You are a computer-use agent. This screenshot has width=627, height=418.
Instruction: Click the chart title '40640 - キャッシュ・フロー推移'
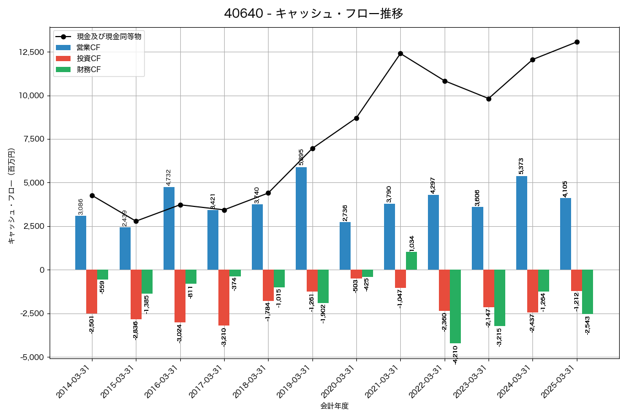point(313,13)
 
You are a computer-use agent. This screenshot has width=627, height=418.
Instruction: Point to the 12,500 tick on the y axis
point(32,52)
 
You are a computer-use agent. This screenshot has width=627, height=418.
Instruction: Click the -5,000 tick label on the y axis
point(32,357)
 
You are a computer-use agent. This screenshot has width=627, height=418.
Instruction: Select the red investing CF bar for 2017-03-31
point(224,297)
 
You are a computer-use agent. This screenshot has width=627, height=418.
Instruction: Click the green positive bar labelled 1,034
point(411,261)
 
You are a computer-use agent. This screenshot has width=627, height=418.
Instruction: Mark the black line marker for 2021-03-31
point(400,53)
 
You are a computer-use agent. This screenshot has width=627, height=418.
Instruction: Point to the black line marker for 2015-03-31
point(136,221)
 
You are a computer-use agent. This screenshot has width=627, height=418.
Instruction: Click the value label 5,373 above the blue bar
point(521,166)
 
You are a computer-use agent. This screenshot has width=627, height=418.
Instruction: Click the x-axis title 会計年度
point(334,406)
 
